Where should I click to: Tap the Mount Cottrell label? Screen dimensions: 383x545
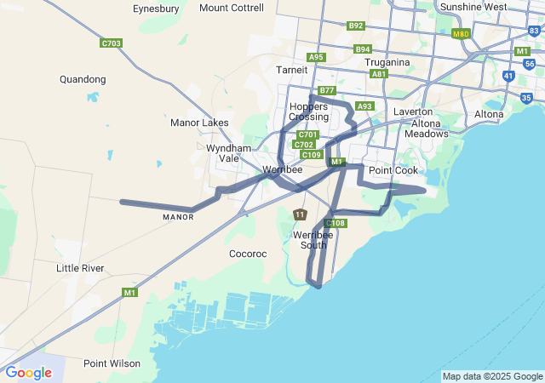coord(231,8)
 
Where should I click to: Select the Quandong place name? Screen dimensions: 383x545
coord(83,79)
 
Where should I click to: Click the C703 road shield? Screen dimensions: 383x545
coord(111,43)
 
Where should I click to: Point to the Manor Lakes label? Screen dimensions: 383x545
coord(199,123)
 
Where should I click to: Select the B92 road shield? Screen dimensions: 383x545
coord(356,26)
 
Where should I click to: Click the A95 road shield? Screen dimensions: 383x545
coord(317,57)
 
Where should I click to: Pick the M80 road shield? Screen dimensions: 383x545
coord(461,34)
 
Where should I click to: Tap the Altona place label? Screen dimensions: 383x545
coord(489,113)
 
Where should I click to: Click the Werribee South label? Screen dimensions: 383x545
coord(309,239)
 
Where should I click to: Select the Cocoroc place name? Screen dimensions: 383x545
coord(249,254)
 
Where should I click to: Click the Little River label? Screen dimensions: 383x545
coord(80,268)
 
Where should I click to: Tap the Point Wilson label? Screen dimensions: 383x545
coord(112,363)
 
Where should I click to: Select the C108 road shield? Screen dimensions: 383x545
coord(336,223)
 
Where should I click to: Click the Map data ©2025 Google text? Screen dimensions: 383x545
coord(491,376)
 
